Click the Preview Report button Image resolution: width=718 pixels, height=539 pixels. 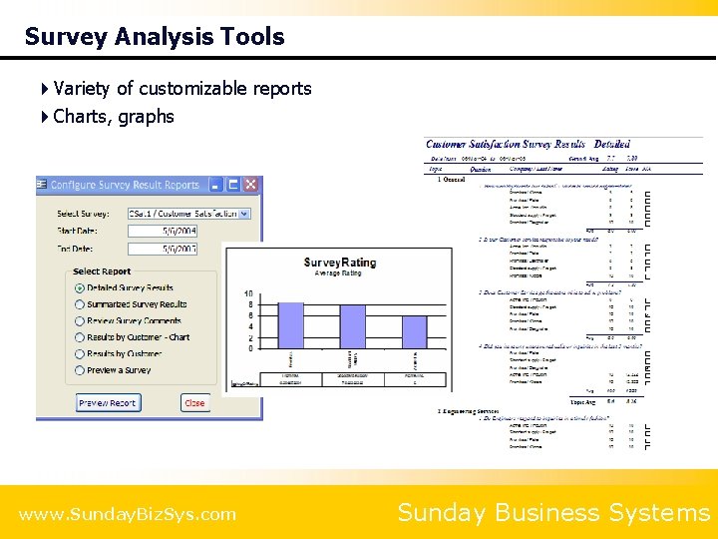[x=108, y=403]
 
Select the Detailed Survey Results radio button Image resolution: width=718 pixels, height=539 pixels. [x=80, y=287]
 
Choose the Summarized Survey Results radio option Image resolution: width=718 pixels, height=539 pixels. [x=80, y=304]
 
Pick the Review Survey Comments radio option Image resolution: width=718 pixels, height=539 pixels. [x=80, y=321]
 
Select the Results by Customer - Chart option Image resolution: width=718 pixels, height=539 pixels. [x=80, y=337]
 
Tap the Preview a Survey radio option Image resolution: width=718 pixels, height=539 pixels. [x=80, y=370]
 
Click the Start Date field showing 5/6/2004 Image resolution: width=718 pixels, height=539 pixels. [x=163, y=231]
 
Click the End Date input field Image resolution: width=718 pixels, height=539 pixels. [x=163, y=248]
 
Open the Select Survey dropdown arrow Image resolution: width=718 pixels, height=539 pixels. [x=245, y=214]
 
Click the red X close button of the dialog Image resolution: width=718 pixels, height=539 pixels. [x=251, y=185]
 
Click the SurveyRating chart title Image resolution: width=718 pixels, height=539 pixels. [x=340, y=263]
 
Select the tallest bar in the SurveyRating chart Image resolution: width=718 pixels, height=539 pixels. [x=290, y=325]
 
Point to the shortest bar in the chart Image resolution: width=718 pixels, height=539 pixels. [x=414, y=332]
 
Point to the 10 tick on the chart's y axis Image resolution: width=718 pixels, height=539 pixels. [x=248, y=294]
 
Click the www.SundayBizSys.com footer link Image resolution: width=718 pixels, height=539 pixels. [x=128, y=514]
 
